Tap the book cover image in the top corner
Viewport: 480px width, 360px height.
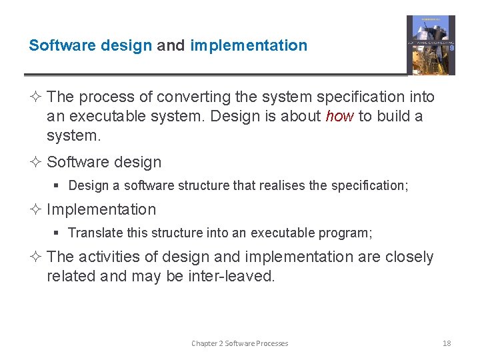coord(431,45)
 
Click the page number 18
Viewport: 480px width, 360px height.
coord(447,343)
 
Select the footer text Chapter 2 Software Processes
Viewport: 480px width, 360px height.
coord(239,343)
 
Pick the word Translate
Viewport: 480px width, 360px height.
coord(94,233)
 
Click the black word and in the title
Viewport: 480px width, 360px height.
coord(171,46)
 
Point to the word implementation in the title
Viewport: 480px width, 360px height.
coord(249,46)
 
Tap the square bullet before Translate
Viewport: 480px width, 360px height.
coord(59,233)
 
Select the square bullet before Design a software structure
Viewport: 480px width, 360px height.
coord(59,185)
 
